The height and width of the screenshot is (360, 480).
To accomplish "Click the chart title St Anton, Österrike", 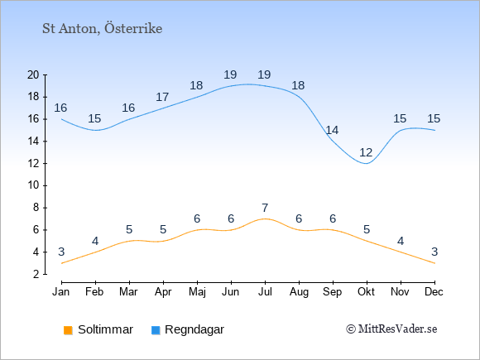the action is (x=103, y=28).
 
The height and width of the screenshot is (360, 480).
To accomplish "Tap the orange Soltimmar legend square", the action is (x=68, y=330).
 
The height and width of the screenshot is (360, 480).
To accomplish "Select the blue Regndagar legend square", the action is (x=156, y=330).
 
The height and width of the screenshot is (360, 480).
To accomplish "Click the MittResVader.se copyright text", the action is (x=391, y=329).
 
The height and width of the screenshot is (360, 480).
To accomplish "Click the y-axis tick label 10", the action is (x=33, y=185).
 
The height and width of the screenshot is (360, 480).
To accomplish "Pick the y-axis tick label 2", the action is (x=36, y=274).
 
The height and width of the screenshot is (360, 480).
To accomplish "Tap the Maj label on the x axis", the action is (x=197, y=292).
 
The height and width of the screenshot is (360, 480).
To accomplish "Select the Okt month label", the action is (x=366, y=291).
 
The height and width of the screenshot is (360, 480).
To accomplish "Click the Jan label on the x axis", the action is (x=61, y=291).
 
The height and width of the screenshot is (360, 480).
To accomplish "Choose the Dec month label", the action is (x=434, y=291).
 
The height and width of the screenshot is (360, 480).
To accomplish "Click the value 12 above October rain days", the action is (x=366, y=152).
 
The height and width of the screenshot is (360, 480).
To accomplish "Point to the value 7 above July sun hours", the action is (x=265, y=208).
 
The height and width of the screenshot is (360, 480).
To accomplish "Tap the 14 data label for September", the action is (x=332, y=130).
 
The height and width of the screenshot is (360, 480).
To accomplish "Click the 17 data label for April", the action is (x=162, y=97).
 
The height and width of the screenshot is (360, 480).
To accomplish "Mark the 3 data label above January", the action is (x=61, y=252).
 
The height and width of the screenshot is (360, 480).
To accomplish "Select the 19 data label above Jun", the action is (x=230, y=74).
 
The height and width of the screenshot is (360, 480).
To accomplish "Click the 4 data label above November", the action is (x=401, y=241).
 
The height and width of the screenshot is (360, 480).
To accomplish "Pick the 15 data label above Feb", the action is (x=94, y=118).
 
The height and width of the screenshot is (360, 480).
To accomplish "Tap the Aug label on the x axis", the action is (x=299, y=292).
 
